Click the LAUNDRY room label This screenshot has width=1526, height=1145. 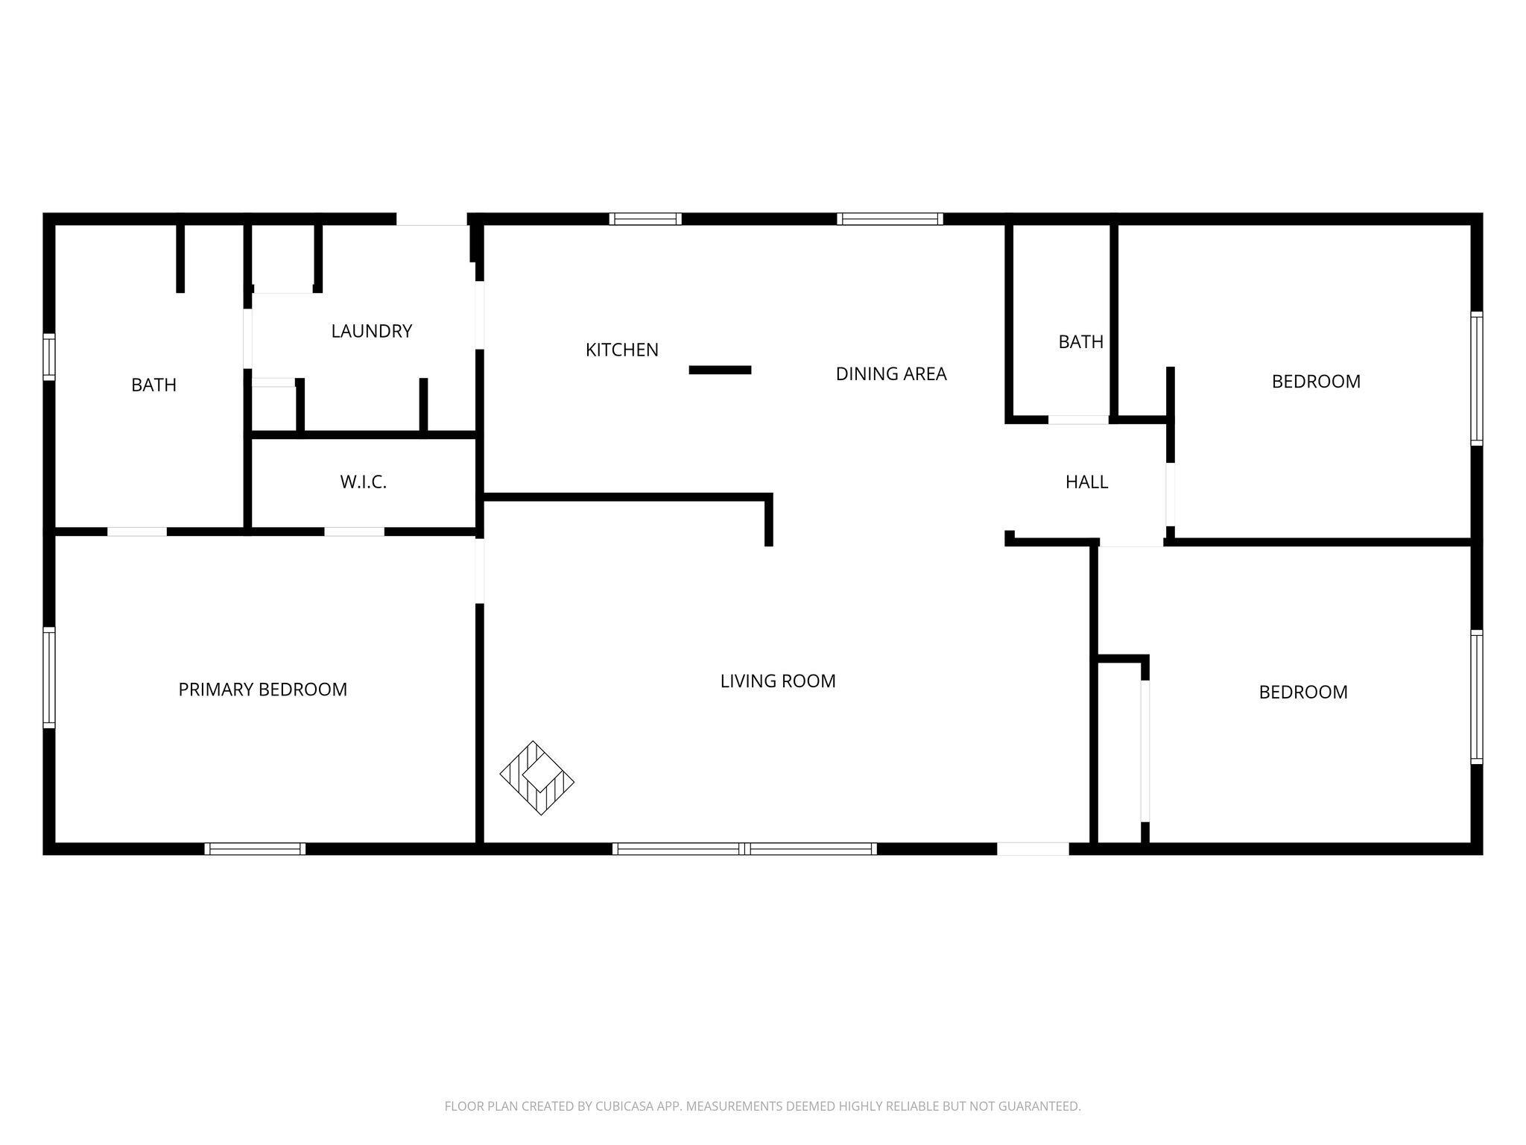point(372,331)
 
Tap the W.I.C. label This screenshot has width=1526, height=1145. point(364,482)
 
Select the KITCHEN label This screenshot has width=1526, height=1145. point(622,350)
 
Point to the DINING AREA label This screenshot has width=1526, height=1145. point(891,374)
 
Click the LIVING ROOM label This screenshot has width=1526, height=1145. point(778,681)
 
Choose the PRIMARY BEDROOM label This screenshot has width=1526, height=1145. point(263,690)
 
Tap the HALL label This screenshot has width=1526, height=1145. point(1087,482)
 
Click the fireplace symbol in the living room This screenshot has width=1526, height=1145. point(537,777)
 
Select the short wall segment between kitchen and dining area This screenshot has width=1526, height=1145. point(720,370)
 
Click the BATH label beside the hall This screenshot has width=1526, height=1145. point(1081,342)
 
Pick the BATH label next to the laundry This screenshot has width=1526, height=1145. point(154,385)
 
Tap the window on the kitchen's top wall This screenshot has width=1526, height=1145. point(645,219)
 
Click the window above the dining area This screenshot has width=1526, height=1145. point(890,219)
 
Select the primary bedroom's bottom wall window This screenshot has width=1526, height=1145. point(255,848)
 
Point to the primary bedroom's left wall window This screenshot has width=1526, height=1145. point(49,677)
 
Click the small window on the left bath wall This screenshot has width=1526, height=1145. point(49,357)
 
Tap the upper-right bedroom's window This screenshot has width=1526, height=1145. point(1476,379)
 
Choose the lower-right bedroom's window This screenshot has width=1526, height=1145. point(1476,697)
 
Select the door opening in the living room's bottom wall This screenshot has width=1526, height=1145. point(1033,848)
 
